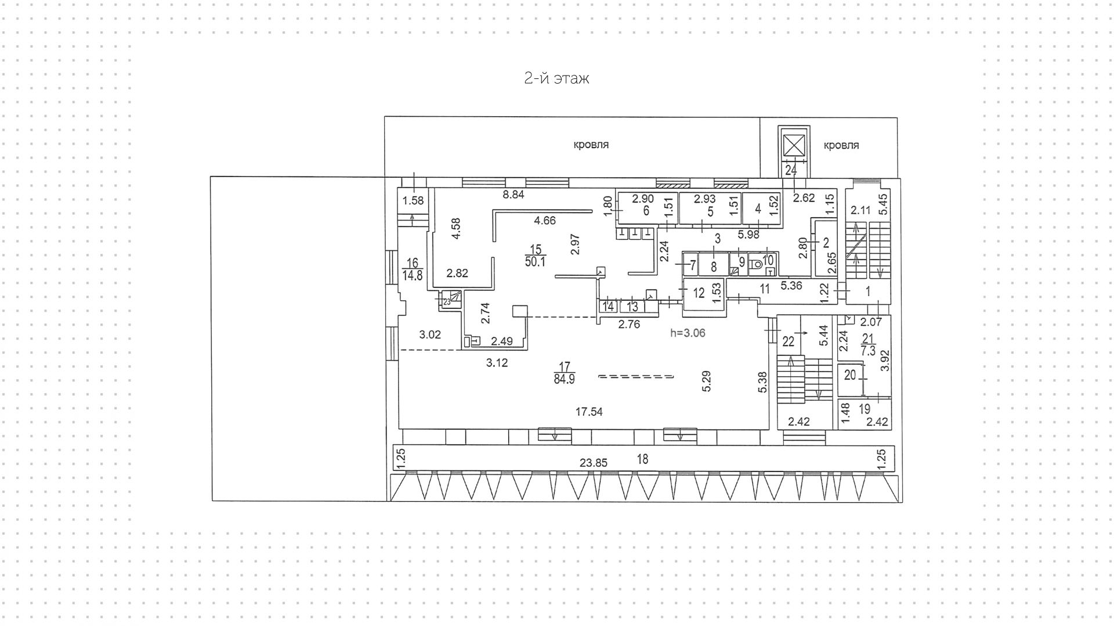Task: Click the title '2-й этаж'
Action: [x=556, y=78]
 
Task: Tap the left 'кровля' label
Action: [x=591, y=145]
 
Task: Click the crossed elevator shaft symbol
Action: [x=793, y=145]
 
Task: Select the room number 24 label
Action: [x=790, y=170]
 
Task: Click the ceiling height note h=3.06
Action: [x=688, y=333]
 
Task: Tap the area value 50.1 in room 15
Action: [x=535, y=262]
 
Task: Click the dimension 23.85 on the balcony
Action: [x=593, y=463]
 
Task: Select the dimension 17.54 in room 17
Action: [x=588, y=412]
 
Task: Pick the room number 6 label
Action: [x=645, y=211]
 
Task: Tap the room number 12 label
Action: [x=699, y=293]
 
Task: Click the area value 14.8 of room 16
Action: [x=413, y=275]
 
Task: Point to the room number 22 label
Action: [x=787, y=342]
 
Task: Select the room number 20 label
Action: [x=849, y=375]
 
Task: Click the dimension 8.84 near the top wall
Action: [x=513, y=195]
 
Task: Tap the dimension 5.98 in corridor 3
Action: [x=748, y=235]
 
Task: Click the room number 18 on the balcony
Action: [x=642, y=459]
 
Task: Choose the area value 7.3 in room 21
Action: [x=868, y=351]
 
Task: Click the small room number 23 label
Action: [x=447, y=302]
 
